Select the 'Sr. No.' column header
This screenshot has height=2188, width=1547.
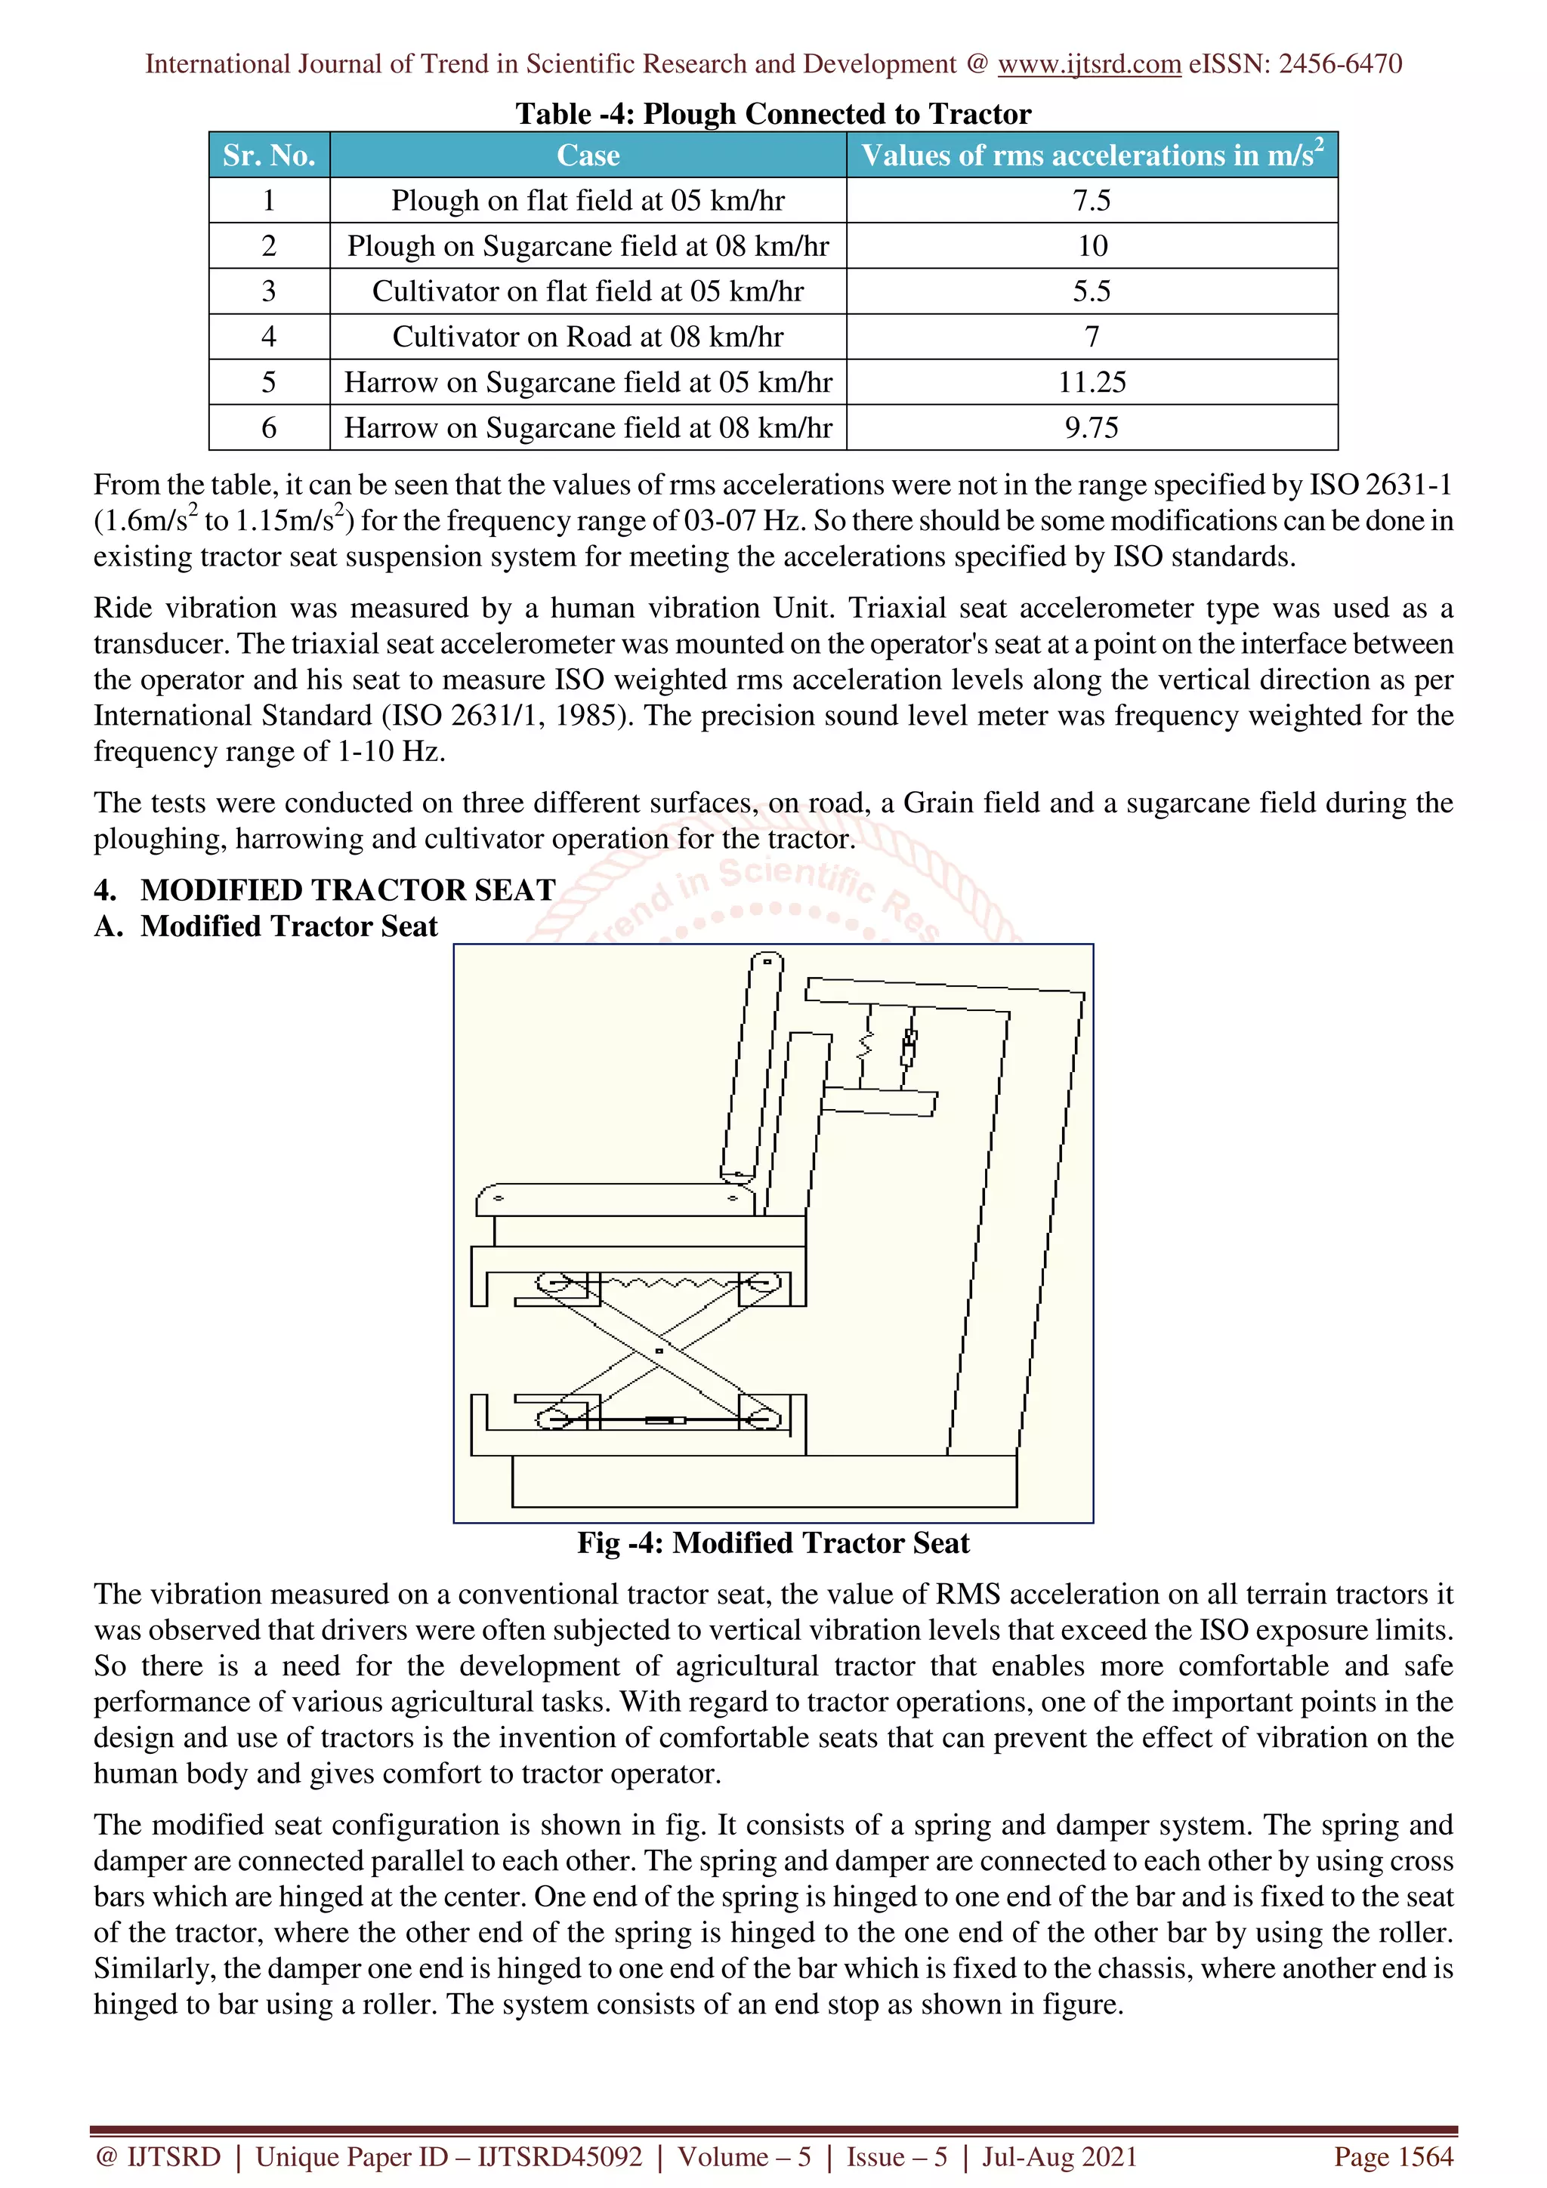tap(269, 156)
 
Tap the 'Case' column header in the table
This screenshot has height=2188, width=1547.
tap(588, 156)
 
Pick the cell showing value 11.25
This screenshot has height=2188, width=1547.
tap(1092, 382)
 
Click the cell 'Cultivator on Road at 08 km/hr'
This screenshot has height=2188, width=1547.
tap(588, 337)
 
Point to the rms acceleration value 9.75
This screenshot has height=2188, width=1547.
tap(1092, 428)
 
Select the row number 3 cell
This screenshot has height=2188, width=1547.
tap(269, 291)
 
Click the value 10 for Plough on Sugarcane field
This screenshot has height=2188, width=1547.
tap(1092, 246)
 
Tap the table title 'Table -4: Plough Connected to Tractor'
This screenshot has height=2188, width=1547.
tap(773, 114)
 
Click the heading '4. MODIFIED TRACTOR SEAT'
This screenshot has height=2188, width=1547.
tap(325, 890)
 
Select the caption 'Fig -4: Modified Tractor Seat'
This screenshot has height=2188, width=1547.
tap(773, 1542)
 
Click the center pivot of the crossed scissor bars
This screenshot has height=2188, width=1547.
tap(659, 1351)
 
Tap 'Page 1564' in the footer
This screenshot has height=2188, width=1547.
tap(1393, 2156)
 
